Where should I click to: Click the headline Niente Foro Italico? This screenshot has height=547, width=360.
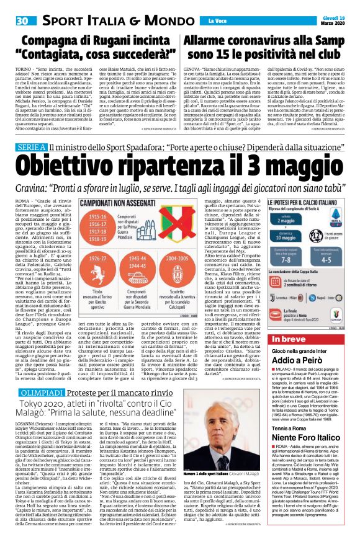pos(312,469)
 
